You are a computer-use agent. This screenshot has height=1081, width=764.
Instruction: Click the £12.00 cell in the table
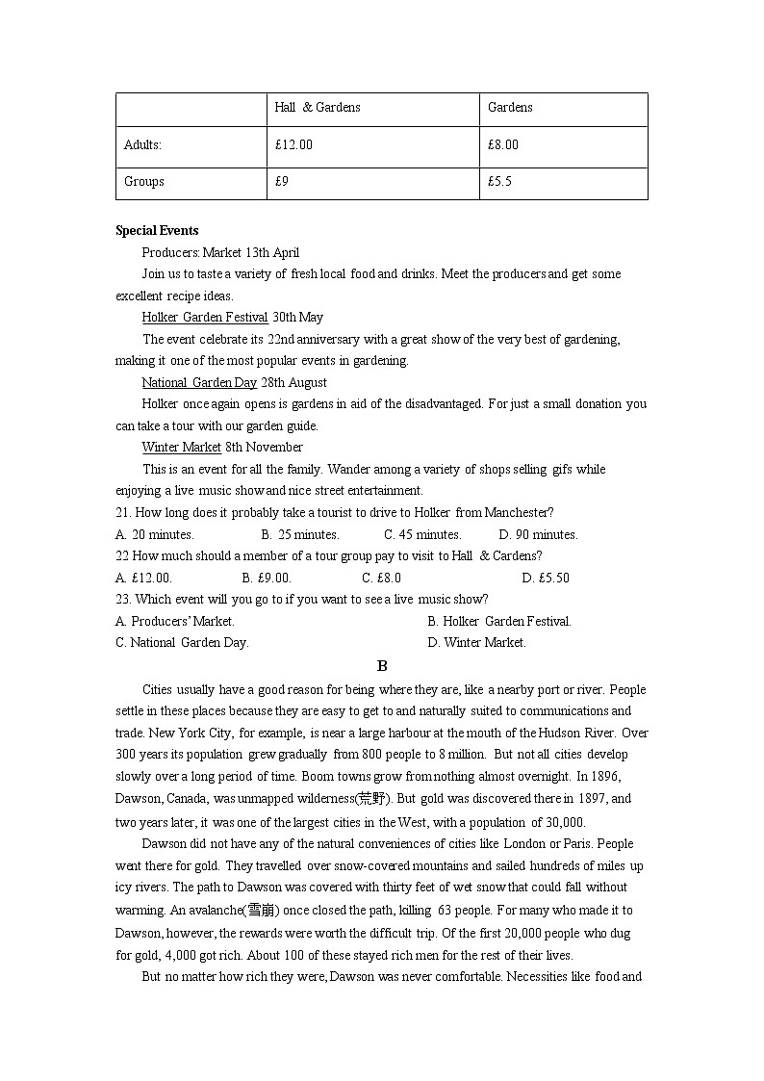293,145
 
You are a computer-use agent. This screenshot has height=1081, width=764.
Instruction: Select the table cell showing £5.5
500,181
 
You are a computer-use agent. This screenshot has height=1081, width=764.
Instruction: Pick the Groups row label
144,181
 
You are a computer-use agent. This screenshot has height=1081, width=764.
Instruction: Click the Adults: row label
142,145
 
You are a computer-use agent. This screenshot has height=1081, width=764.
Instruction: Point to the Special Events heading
157,231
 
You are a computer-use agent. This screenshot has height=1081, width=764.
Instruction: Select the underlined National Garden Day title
199,382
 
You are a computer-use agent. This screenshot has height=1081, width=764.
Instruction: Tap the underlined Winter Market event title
182,448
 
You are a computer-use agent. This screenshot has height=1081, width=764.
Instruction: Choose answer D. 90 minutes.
538,535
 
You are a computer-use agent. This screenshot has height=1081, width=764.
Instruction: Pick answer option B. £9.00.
267,579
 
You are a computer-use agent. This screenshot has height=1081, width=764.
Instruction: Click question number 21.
122,513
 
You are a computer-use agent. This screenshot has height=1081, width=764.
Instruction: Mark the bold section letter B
382,666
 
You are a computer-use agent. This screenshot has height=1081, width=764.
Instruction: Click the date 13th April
272,253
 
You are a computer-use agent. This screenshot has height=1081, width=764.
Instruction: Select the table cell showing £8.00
503,145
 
